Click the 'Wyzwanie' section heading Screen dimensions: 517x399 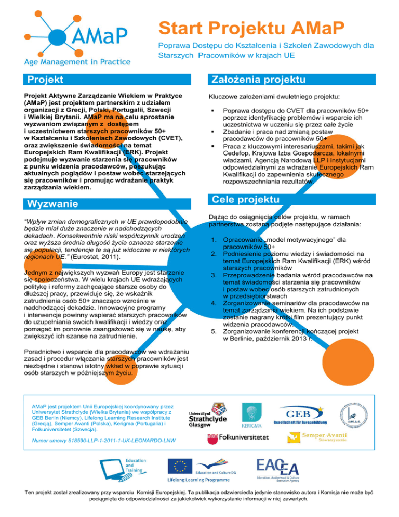point(52,203)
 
